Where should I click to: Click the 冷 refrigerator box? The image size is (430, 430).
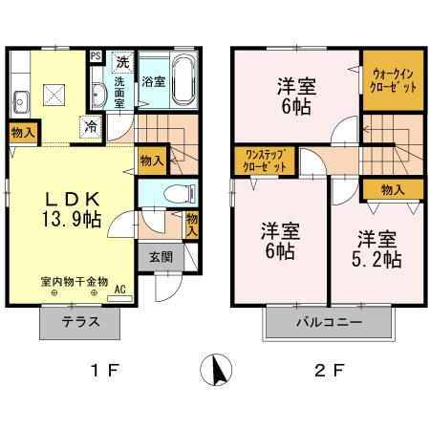[90, 125]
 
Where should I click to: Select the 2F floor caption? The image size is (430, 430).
[328, 371]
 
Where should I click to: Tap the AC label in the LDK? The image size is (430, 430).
[120, 289]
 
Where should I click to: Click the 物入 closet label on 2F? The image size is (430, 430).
[392, 189]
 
